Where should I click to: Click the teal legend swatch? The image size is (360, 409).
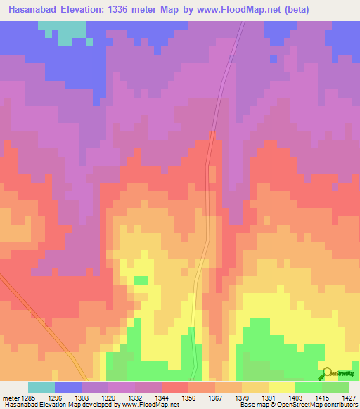pyautogui.click(x=41, y=387)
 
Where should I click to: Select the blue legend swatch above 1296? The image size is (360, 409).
pyautogui.click(x=68, y=387)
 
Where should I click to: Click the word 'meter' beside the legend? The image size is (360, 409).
pyautogui.click(x=9, y=398)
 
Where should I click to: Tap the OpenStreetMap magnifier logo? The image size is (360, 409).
pyautogui.click(x=327, y=372)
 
